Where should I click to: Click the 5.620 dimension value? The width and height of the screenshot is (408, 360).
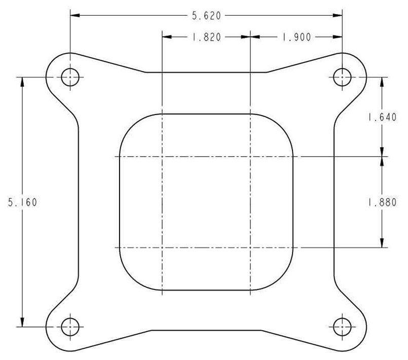[206, 16]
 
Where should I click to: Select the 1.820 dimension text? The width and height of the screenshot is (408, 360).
[206, 37]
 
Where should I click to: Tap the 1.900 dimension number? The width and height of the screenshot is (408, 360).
[296, 37]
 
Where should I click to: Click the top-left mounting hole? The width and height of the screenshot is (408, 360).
[70, 77]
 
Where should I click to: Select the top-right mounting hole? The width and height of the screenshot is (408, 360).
[343, 77]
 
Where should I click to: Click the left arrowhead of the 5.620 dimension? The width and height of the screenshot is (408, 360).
[75, 16]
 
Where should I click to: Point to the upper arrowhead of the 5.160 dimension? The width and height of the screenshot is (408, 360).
[22, 82]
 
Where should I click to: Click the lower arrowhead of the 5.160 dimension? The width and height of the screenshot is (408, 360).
[22, 322]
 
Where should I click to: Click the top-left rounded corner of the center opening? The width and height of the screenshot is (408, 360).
[129, 125]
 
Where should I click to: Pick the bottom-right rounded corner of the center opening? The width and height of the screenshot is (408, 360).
[285, 281]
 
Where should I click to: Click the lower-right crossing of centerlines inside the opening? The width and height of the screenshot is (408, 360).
[251, 248]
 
